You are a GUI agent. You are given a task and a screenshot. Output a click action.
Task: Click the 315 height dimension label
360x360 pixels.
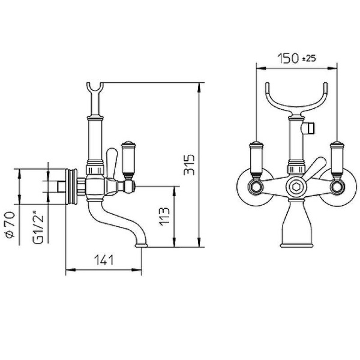tap(189, 164)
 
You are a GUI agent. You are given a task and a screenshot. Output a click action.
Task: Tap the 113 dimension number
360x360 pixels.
tap(164, 217)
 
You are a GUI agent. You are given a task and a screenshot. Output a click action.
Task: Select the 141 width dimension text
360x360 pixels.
tap(104, 260)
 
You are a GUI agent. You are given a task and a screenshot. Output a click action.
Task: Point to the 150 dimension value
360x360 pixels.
tap(288, 58)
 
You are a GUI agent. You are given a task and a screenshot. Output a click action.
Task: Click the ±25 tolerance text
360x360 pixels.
tap(309, 59)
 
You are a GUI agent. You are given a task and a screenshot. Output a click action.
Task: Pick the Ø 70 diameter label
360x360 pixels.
tap(10, 224)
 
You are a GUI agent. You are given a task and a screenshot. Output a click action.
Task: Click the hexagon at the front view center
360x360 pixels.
tap(296, 187)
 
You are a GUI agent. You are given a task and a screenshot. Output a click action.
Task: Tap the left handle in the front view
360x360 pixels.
tap(256, 161)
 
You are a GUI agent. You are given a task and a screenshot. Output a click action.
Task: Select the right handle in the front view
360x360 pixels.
tap(337, 161)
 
